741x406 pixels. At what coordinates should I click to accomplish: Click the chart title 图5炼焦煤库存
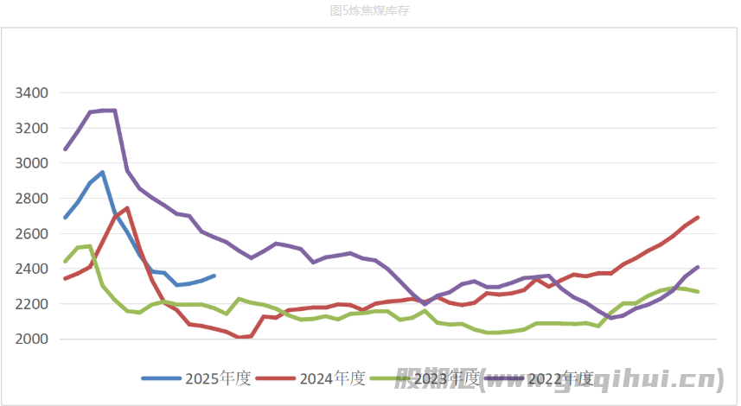370,10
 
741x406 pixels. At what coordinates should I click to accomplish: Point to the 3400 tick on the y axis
30,92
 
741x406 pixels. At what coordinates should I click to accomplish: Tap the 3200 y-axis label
30,128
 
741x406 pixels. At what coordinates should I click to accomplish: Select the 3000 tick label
30,163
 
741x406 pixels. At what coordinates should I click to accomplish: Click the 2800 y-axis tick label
30,199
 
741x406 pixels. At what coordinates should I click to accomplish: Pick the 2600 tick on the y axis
30,234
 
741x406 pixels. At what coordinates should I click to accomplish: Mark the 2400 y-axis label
30,270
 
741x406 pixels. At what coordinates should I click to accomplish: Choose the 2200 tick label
30,304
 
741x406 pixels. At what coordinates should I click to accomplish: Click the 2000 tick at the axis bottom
30,339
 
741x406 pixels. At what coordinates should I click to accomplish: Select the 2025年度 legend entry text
218,378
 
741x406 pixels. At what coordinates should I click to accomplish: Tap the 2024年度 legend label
332,378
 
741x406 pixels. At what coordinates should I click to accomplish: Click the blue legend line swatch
162,378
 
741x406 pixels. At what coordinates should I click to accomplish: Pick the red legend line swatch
276,378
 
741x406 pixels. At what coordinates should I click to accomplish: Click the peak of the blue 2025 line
102,172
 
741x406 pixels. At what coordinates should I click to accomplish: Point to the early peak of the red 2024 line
127,208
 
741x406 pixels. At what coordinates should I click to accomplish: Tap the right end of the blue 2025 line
214,276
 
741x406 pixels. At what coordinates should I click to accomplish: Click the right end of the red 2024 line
697,218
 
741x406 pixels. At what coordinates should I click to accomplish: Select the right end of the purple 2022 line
697,267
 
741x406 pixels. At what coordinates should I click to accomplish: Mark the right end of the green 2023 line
697,292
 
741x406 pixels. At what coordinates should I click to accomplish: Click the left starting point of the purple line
66,149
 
